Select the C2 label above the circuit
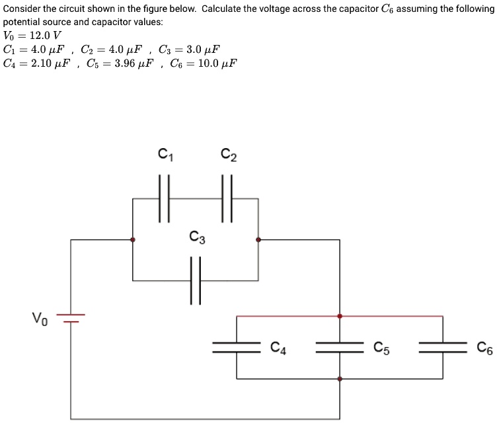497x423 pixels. [x=228, y=155]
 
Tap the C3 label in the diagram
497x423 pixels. [x=196, y=237]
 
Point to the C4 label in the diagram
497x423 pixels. [x=279, y=347]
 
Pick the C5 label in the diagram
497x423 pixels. [x=382, y=347]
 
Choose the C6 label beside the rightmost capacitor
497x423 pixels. [x=486, y=347]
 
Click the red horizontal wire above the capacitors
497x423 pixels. [x=291, y=316]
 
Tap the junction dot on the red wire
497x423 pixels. [x=340, y=316]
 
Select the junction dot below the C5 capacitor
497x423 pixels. [x=340, y=379]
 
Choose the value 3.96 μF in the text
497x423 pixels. [x=128, y=63]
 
